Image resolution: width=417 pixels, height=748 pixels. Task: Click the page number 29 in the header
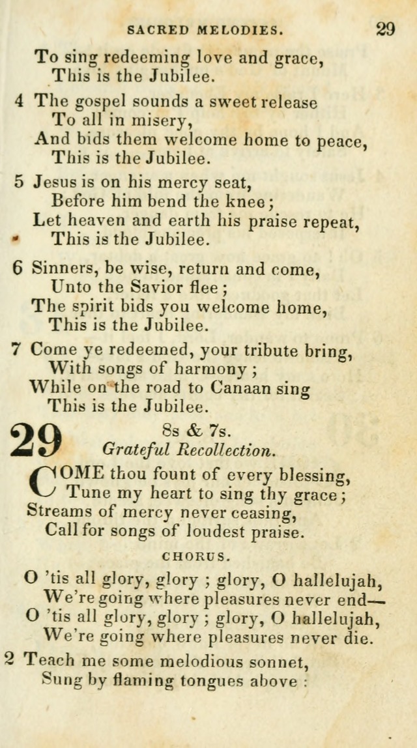tap(384, 29)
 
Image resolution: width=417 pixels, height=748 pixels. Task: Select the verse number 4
tap(20, 102)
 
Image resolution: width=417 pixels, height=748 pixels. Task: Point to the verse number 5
tap(20, 182)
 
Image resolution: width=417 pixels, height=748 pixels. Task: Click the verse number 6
tap(18, 268)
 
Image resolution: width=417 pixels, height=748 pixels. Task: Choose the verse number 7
tap(17, 349)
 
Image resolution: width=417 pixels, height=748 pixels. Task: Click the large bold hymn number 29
tap(36, 440)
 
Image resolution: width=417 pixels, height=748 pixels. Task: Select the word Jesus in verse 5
tap(55, 182)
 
